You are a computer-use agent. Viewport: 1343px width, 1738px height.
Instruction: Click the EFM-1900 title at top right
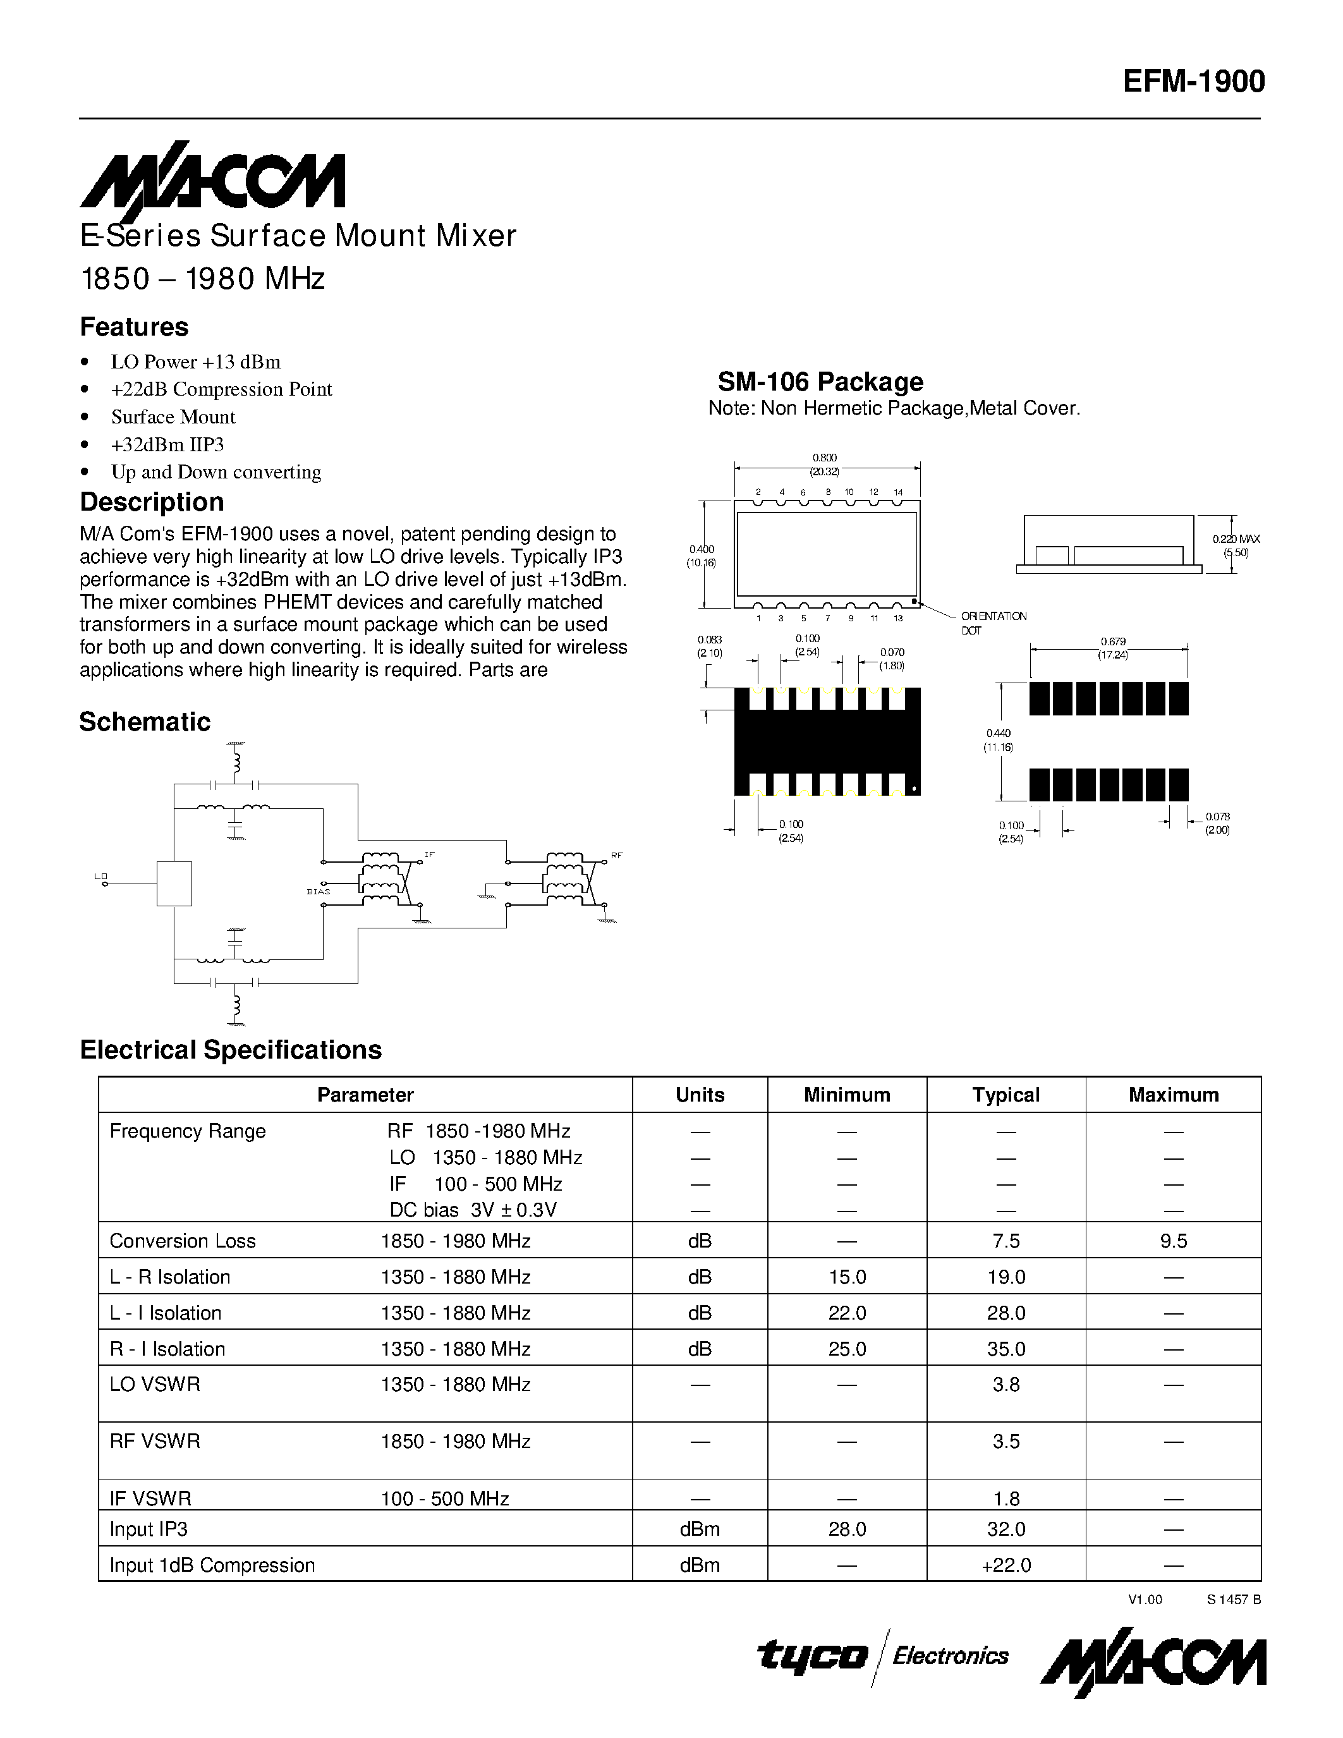tap(1193, 82)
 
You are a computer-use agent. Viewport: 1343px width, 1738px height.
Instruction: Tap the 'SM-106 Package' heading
tap(820, 382)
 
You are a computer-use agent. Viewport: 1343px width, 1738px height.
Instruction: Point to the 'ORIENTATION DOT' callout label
tap(993, 623)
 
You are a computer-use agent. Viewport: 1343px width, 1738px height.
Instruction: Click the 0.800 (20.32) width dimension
tap(824, 464)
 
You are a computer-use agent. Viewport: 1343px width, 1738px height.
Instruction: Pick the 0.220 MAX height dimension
tap(1236, 545)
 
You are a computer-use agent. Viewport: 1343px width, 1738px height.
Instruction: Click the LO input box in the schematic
tap(174, 884)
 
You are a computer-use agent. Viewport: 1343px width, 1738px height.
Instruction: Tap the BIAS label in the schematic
tap(319, 892)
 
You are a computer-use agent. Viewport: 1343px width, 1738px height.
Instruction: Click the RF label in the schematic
tap(617, 856)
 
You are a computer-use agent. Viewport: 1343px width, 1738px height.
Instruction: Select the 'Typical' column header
tap(1006, 1095)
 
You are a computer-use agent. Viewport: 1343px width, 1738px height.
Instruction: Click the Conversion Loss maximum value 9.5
tap(1173, 1241)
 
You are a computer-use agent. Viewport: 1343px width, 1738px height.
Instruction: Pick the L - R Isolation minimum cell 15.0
tap(846, 1277)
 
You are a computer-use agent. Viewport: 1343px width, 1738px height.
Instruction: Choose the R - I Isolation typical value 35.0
tap(1006, 1349)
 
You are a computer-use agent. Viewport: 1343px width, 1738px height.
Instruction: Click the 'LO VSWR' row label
tap(155, 1384)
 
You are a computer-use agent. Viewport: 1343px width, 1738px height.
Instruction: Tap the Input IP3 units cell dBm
tap(700, 1529)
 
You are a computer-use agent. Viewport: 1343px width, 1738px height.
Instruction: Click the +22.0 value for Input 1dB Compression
tap(1006, 1565)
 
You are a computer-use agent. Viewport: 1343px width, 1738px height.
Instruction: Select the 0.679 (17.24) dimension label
tap(1112, 648)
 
